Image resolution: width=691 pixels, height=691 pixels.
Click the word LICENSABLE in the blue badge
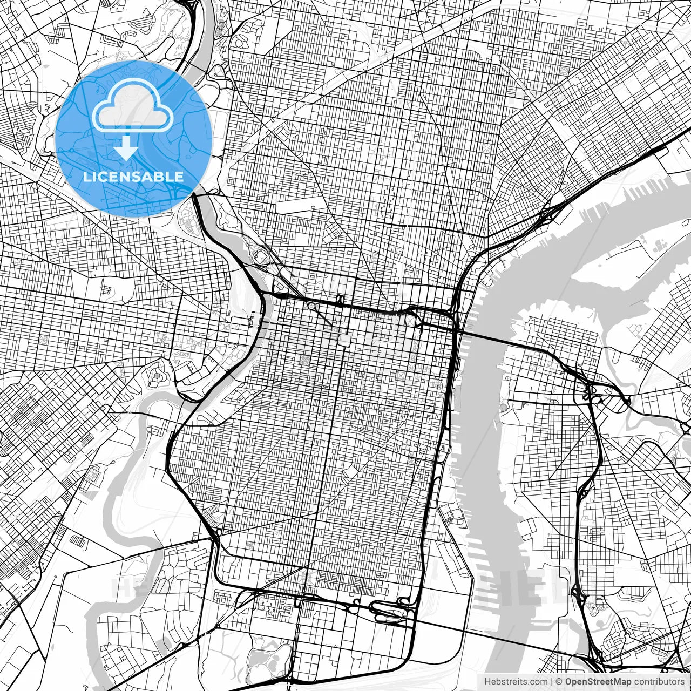(x=133, y=177)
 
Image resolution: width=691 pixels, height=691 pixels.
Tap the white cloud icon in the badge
(x=133, y=107)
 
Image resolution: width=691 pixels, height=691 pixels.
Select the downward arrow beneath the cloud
(x=126, y=147)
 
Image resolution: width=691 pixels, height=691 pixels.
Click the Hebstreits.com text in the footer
(x=516, y=682)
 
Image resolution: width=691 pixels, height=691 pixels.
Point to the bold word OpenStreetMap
(x=598, y=682)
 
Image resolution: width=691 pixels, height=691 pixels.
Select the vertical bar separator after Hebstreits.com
(x=551, y=682)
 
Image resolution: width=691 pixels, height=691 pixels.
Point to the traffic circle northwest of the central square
(x=311, y=306)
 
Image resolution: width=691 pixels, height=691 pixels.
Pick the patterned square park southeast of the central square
(x=401, y=375)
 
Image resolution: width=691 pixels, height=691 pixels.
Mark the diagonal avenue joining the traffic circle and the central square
(x=327, y=322)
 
